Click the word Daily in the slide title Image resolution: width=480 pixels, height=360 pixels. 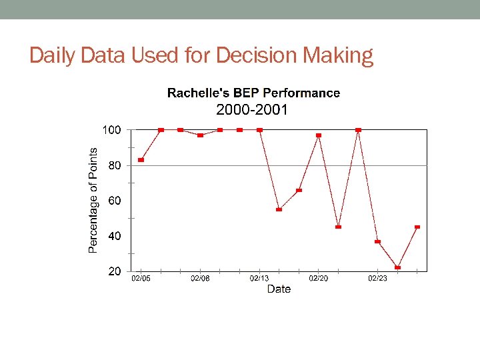click(52, 56)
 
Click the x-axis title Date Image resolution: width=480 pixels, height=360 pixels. click(279, 289)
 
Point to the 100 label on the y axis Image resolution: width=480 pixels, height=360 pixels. click(111, 130)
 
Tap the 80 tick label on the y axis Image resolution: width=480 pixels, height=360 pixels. click(115, 165)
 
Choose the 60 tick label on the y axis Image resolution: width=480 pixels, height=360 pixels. click(115, 201)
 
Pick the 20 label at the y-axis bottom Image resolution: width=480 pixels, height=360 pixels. click(115, 271)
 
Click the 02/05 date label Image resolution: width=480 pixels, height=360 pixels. click(141, 278)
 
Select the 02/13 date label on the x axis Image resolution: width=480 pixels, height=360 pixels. click(259, 278)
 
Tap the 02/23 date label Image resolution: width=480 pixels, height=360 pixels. click(378, 278)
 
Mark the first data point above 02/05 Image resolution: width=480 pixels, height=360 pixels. click(141, 160)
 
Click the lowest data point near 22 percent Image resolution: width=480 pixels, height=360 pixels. click(397, 267)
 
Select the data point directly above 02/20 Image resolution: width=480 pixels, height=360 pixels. click(319, 135)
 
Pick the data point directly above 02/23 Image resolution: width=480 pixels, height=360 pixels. click(378, 241)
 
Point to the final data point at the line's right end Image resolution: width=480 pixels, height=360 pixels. click(417, 227)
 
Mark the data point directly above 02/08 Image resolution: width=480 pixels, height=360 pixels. click(200, 135)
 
